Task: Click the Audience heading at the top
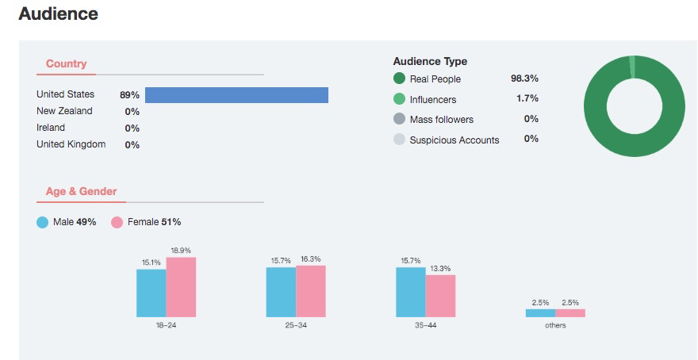[x=58, y=14]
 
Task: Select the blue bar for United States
[x=236, y=95]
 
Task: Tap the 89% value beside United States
[x=129, y=95]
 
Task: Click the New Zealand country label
[x=64, y=111]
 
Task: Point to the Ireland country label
[x=51, y=128]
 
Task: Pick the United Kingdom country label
[x=71, y=144]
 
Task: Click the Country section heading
[x=66, y=63]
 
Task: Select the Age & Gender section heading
[x=81, y=192]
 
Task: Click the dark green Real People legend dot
[x=399, y=79]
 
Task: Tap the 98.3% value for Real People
[x=524, y=79]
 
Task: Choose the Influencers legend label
[x=432, y=99]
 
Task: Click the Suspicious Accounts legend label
[x=454, y=140]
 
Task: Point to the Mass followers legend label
[x=441, y=120]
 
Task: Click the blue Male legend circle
[x=43, y=222]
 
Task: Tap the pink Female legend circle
[x=117, y=222]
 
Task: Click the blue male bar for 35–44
[x=410, y=292]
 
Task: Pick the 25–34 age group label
[x=296, y=326]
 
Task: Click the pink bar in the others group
[x=570, y=313]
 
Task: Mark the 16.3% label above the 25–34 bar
[x=310, y=259]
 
